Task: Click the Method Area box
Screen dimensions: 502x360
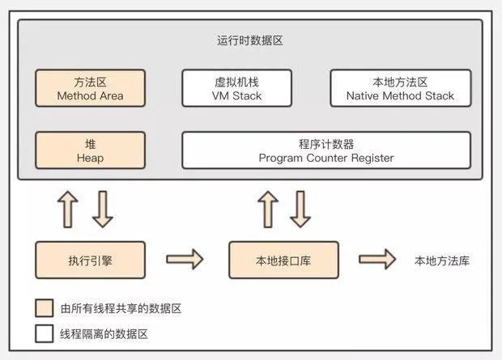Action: click(x=91, y=88)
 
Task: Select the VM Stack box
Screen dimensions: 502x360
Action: click(x=237, y=88)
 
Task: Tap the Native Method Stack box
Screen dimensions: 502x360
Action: click(x=401, y=88)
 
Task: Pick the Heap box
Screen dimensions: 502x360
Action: click(x=91, y=150)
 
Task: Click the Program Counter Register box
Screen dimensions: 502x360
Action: click(x=326, y=150)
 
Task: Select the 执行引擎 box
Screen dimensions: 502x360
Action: click(x=91, y=260)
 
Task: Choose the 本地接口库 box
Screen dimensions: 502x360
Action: click(x=283, y=260)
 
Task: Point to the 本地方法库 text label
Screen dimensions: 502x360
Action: click(x=442, y=260)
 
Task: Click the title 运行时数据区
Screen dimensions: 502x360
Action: click(x=250, y=40)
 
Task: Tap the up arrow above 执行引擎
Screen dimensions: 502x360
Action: click(x=68, y=210)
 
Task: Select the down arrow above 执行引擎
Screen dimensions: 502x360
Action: click(x=103, y=210)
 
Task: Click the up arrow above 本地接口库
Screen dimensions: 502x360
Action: click(x=268, y=210)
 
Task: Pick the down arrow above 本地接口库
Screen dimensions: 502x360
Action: click(x=300, y=210)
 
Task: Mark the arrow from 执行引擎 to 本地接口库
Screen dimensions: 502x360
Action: click(x=185, y=259)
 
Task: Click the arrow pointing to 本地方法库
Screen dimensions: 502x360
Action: click(x=377, y=259)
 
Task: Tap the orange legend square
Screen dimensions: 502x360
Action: click(x=45, y=308)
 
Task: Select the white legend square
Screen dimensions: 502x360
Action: click(x=45, y=334)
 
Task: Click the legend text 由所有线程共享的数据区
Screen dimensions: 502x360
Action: click(x=121, y=308)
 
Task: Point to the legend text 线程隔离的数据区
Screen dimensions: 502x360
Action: click(x=104, y=334)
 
